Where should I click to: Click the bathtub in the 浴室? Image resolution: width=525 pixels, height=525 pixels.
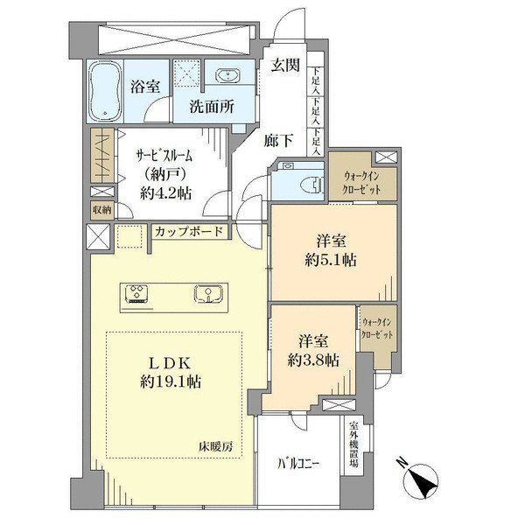[x=105, y=91]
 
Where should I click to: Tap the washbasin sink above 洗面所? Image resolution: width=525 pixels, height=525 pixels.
[x=228, y=74]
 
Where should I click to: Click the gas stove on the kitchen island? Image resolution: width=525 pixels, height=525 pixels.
[x=136, y=294]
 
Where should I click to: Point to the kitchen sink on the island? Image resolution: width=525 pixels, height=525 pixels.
[x=207, y=293]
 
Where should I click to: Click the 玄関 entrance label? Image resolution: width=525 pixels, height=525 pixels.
[x=285, y=65]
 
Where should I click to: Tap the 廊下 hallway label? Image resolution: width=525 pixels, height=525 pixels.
[x=278, y=140]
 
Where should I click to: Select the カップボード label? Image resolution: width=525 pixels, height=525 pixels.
[x=189, y=231]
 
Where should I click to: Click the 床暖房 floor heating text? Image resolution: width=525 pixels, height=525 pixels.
[x=216, y=446]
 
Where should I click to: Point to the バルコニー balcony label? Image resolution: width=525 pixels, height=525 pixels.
[x=298, y=464]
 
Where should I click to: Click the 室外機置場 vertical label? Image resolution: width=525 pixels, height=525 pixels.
[x=353, y=444]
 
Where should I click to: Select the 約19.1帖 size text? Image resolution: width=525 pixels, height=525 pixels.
[x=171, y=381]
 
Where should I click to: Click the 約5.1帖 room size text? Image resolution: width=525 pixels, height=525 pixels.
[x=331, y=260]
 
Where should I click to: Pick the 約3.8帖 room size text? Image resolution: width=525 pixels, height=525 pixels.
[x=313, y=360]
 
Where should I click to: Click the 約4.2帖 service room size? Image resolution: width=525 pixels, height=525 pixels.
[x=166, y=193]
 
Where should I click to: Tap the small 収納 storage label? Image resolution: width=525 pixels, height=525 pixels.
[x=102, y=210]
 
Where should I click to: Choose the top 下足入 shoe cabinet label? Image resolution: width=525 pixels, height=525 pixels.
[x=316, y=80]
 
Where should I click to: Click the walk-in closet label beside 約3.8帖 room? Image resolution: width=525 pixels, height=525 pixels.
[x=377, y=328]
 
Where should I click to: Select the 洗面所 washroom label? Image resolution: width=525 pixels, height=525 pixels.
[x=213, y=107]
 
